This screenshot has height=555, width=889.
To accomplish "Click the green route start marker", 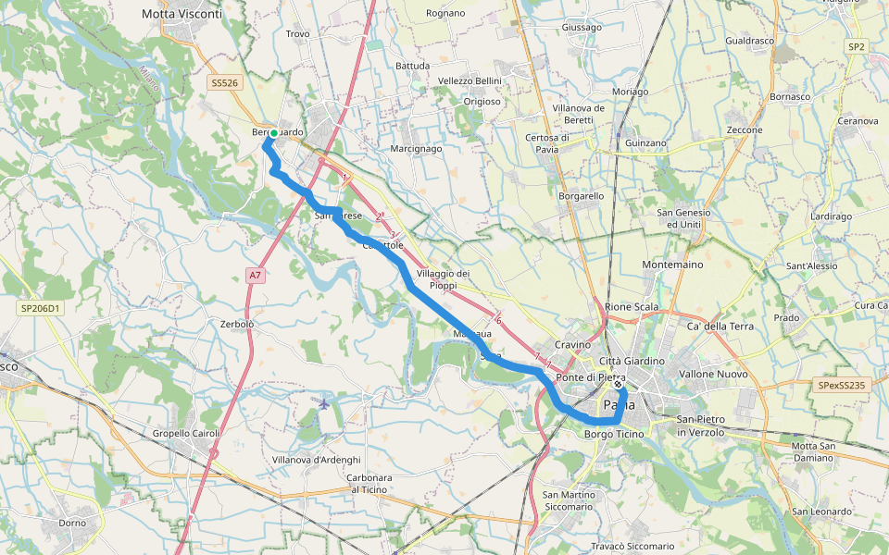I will [274, 133].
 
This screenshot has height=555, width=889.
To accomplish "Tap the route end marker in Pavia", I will [619, 384].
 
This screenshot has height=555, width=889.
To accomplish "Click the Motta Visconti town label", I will [182, 14].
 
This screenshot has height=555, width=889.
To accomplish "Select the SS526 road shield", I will [224, 82].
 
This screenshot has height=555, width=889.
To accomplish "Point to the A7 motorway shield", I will [256, 276].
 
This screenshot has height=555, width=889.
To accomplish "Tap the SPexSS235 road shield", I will [842, 385].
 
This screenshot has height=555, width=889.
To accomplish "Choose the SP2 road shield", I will [856, 46].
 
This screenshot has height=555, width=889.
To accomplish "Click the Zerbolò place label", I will [238, 325].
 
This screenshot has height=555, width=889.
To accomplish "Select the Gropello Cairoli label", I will [186, 433].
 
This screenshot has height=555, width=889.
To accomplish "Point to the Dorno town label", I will [72, 523].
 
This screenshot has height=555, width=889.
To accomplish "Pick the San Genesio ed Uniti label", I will [683, 218].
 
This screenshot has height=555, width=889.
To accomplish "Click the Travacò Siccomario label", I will [632, 547].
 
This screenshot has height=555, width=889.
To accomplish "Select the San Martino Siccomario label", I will [569, 500].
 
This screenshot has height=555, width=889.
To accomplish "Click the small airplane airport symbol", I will [322, 403].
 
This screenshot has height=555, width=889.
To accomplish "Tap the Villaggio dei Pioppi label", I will [444, 279].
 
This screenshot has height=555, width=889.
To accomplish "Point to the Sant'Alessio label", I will [811, 266].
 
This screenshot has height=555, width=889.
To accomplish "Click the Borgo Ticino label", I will [615, 434].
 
